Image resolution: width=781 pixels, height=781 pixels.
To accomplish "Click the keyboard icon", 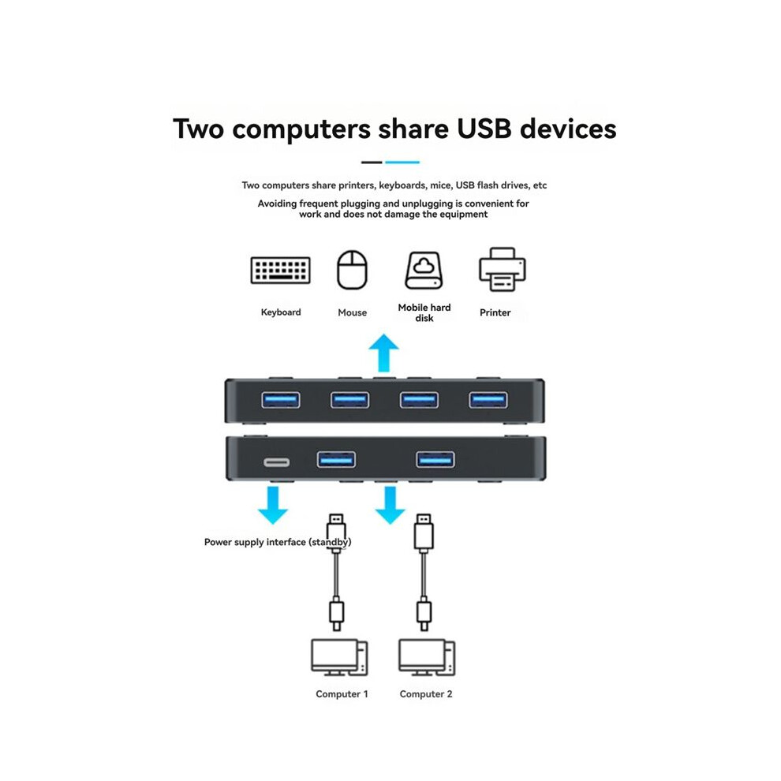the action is click(280, 270).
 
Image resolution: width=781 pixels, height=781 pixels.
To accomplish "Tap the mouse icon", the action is click(352, 270).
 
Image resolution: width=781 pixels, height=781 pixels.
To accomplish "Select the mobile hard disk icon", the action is click(424, 271).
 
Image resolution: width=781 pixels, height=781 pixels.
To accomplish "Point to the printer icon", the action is click(502, 270).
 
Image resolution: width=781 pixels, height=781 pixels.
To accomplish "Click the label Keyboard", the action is click(281, 312).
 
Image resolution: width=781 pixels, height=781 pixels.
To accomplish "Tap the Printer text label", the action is click(495, 312).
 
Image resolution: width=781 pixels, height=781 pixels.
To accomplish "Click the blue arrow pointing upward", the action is click(383, 353).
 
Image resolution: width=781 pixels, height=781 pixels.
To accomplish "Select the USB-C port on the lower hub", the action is click(276, 463).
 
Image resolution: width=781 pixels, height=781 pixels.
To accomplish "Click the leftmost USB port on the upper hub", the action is click(281, 400).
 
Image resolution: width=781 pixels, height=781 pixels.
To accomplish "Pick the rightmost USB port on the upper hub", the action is click(488, 400).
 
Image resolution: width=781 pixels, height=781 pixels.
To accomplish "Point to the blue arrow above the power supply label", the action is click(272, 505).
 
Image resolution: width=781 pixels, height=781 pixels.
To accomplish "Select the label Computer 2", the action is click(426, 694).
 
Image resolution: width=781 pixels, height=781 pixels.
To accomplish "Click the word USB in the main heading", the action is click(484, 129).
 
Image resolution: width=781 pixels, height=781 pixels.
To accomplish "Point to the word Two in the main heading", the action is click(198, 129).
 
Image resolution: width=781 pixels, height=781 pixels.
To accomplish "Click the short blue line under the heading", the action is click(402, 163).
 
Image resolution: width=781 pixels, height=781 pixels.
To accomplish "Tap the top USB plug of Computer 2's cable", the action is click(424, 532).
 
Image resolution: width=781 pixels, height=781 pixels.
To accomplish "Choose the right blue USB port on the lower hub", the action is click(435, 459).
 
